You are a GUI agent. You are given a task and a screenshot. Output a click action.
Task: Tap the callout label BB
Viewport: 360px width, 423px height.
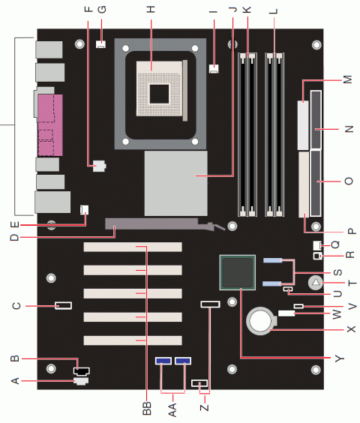146,407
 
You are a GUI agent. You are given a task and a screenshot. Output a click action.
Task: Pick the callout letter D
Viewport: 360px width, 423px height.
14,238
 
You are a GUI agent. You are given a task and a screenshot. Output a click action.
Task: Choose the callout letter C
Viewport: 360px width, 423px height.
14,305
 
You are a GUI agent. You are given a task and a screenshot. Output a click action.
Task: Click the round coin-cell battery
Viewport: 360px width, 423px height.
261,321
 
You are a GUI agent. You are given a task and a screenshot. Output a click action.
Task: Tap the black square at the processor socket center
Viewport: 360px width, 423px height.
159,92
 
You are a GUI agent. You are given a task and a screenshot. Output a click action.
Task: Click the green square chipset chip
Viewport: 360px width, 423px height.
238,271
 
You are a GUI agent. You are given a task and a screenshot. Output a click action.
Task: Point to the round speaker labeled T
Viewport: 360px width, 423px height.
316,283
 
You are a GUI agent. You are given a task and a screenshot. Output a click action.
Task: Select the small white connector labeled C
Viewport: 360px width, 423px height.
63,305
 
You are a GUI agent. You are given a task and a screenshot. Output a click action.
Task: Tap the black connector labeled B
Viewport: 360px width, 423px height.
82,370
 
